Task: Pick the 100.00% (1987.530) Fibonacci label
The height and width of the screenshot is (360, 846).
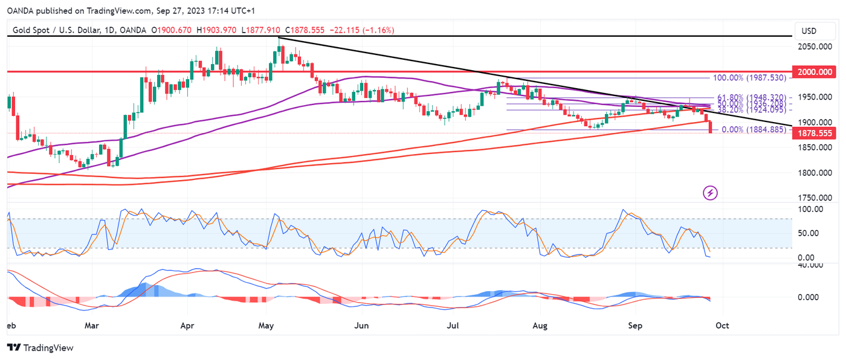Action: (x=749, y=78)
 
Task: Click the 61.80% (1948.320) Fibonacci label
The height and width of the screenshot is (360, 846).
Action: (x=752, y=97)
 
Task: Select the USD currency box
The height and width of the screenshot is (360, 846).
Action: (x=809, y=31)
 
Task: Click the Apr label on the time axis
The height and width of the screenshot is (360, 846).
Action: (x=187, y=326)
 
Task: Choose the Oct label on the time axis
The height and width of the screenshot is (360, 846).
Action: (x=722, y=326)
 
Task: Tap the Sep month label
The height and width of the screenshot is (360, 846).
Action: (x=635, y=326)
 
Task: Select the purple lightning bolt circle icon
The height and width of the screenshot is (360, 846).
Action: (x=711, y=193)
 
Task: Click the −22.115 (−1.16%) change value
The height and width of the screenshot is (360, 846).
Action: (x=360, y=30)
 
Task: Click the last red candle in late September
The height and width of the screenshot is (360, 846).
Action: (x=710, y=127)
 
